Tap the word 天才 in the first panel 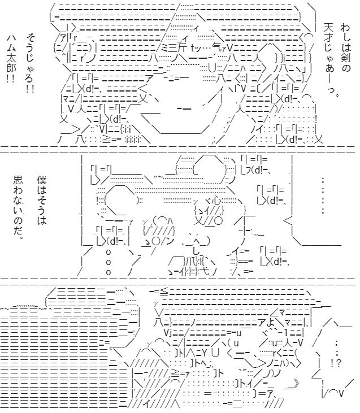(329, 34)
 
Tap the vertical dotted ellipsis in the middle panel (322, 195)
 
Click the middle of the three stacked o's (109, 262)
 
